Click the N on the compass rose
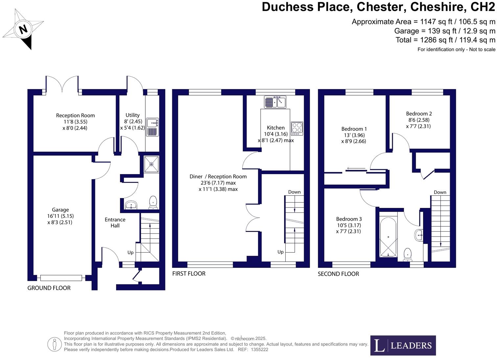(x=23, y=29)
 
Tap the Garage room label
(x=60, y=210)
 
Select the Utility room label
(x=132, y=115)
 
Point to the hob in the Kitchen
(x=297, y=128)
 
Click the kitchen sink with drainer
(x=275, y=102)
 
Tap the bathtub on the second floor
(x=388, y=237)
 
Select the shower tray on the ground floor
(x=152, y=164)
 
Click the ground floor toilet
(x=153, y=202)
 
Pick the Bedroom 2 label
(x=419, y=114)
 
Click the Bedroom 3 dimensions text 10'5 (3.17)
(x=349, y=225)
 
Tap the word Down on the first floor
(x=295, y=192)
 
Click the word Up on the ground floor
(x=130, y=253)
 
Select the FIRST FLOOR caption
(x=189, y=274)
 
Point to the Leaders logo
(x=403, y=345)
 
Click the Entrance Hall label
(x=115, y=223)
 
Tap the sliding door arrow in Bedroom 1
(x=356, y=168)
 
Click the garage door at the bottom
(x=61, y=278)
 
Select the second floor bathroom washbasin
(x=418, y=235)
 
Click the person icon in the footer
(x=54, y=344)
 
